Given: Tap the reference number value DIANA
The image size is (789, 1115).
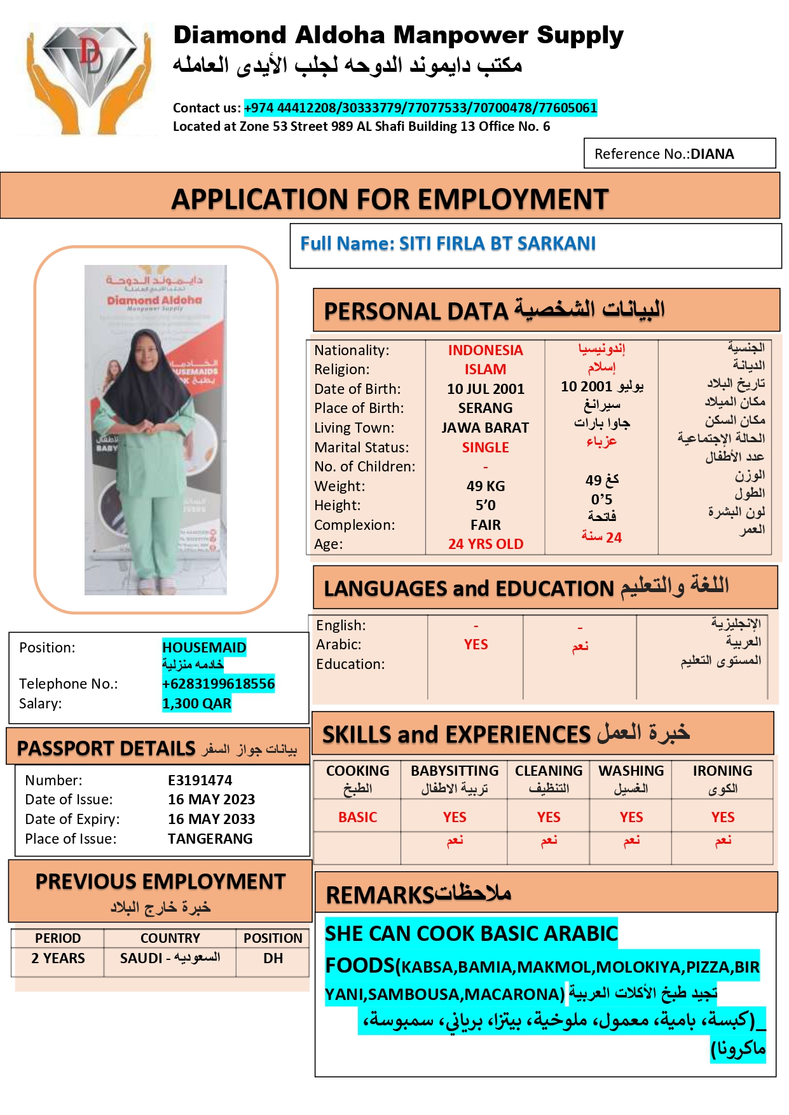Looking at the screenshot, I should coord(712,154).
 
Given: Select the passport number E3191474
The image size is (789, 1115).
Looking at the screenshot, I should coord(200,780).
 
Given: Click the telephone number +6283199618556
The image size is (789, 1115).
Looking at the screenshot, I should coord(218,684).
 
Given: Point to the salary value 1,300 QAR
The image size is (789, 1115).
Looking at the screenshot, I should coord(196,703).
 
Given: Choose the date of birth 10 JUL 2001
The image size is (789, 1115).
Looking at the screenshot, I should coord(485,389).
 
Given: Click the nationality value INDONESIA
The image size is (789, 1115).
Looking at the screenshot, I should coord(485,350).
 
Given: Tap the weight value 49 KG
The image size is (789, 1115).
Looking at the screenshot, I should coord(485,486).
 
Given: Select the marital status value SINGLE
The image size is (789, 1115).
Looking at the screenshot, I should coord(485,447).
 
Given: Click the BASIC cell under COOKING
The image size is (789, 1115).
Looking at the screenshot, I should coord(357,817).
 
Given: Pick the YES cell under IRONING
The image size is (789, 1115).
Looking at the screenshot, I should coord(722,817).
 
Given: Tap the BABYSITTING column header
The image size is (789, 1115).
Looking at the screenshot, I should coord(454,771).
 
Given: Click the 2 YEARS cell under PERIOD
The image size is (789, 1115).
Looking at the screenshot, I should coord(58,958).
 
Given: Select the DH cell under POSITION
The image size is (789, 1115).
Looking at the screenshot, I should coord(273,958).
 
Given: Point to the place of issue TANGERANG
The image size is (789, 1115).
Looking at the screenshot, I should coord(210,839).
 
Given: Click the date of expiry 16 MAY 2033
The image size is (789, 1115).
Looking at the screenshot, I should coord(211,819).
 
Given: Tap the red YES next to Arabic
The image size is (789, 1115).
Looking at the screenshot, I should coord(476,644).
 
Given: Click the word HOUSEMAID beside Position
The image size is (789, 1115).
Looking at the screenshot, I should coord(204,647).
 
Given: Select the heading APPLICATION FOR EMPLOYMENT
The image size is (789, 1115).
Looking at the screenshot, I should coord(390,199).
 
